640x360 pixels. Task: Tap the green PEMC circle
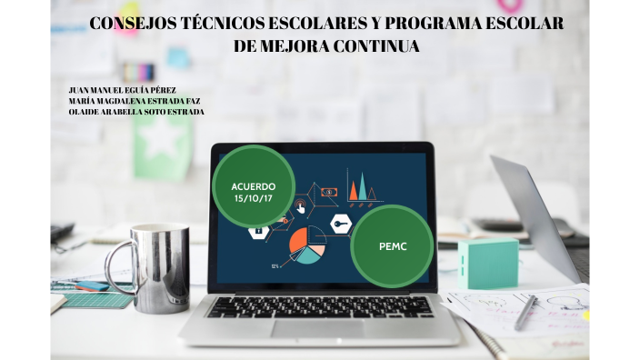click(391, 245)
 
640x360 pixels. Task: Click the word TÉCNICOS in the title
click(195, 24)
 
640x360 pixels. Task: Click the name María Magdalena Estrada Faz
click(135, 101)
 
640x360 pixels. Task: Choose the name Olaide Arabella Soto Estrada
click(136, 112)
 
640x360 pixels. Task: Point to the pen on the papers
click(526, 312)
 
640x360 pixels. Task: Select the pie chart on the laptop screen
click(306, 244)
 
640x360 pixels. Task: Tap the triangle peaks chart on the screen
click(362, 185)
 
